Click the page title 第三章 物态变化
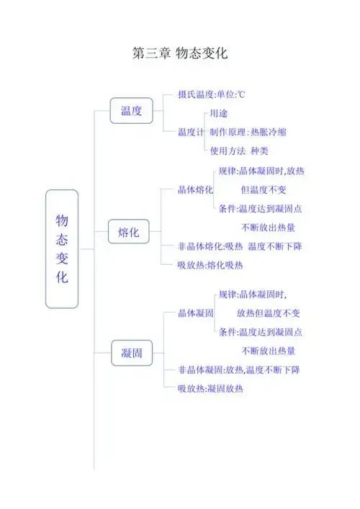pyautogui.click(x=180, y=54)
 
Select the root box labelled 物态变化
pyautogui.click(x=62, y=248)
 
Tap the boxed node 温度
pyautogui.click(x=131, y=111)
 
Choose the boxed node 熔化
pyautogui.click(x=129, y=233)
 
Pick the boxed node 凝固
pyautogui.click(x=131, y=353)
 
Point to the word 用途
pyautogui.click(x=220, y=114)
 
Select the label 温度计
pyautogui.click(x=191, y=132)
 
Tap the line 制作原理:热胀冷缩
pyautogui.click(x=253, y=132)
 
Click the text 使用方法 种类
pyautogui.click(x=239, y=151)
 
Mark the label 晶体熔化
pyautogui.click(x=195, y=190)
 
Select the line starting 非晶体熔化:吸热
pyautogui.click(x=240, y=247)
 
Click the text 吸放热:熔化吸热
pyautogui.click(x=210, y=265)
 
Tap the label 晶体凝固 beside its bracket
pyautogui.click(x=195, y=313)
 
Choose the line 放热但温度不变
pyautogui.click(x=269, y=313)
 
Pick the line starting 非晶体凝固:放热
pyautogui.click(x=239, y=370)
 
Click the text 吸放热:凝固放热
pyautogui.click(x=210, y=389)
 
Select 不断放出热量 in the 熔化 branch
pyautogui.click(x=268, y=228)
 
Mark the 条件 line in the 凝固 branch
pyautogui.click(x=260, y=332)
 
